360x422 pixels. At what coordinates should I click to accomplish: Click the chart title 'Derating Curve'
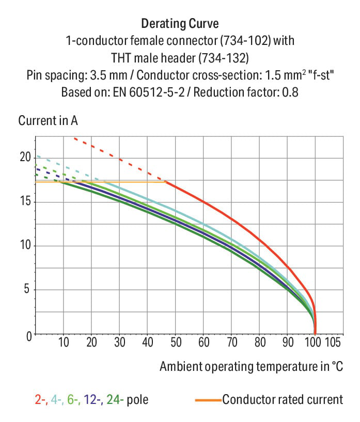179,24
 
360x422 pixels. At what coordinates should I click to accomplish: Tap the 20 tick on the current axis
25,157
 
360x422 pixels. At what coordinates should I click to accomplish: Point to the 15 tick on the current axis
25,201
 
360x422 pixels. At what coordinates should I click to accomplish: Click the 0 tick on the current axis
28,335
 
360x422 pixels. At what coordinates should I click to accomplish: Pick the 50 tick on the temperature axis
175,342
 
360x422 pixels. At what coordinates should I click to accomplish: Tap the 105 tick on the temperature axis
333,342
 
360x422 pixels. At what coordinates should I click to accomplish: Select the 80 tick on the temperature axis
259,342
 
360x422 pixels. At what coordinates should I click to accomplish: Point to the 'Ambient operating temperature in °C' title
251,367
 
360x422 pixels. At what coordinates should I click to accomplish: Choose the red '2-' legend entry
40,399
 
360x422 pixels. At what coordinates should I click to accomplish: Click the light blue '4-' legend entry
56,399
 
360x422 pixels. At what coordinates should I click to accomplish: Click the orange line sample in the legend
208,400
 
